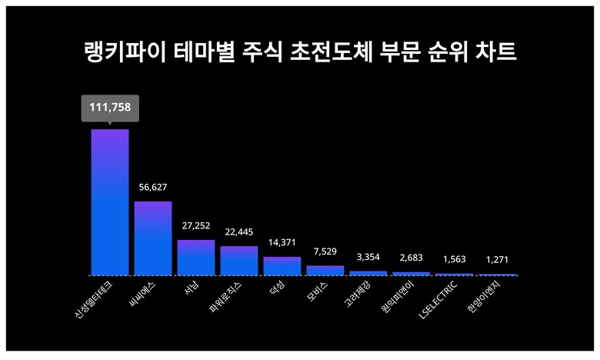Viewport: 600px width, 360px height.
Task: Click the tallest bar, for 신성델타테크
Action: click(110, 202)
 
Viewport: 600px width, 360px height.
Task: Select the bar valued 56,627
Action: click(153, 238)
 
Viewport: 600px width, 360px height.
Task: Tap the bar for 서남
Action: click(196, 257)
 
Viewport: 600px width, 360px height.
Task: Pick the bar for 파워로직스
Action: click(239, 260)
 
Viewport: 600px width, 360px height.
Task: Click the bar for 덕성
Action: click(282, 265)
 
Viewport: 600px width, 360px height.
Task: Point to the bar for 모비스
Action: click(325, 270)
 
